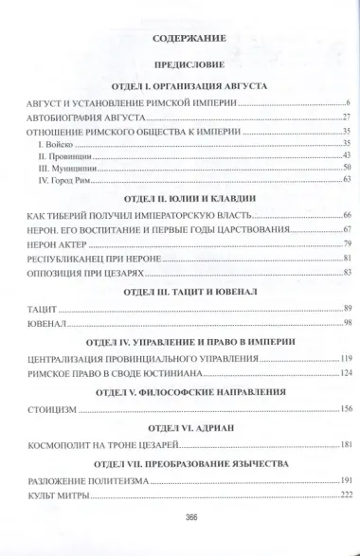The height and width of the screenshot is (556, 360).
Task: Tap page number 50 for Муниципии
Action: pos(347,167)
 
